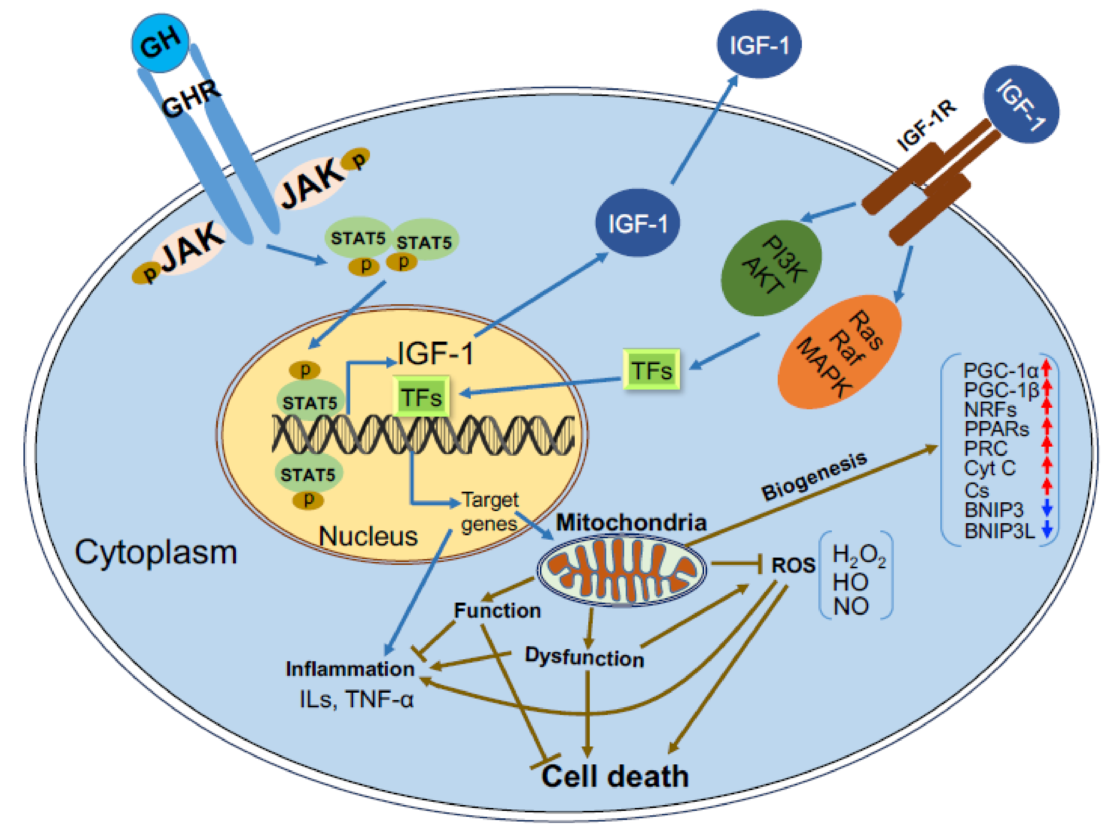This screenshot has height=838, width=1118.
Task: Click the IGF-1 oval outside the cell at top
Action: (759, 44)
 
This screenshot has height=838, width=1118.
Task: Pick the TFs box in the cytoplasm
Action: (651, 370)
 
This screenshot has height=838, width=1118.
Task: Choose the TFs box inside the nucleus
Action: (421, 396)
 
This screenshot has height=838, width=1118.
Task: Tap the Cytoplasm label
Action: (156, 552)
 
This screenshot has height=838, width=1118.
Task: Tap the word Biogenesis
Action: (814, 476)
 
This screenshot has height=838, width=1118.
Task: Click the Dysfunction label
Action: (584, 657)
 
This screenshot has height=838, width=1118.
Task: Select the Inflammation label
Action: (350, 669)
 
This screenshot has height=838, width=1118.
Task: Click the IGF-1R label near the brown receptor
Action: (926, 125)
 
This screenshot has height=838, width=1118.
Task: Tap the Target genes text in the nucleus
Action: (489, 511)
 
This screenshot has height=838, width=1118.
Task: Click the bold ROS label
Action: (793, 565)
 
